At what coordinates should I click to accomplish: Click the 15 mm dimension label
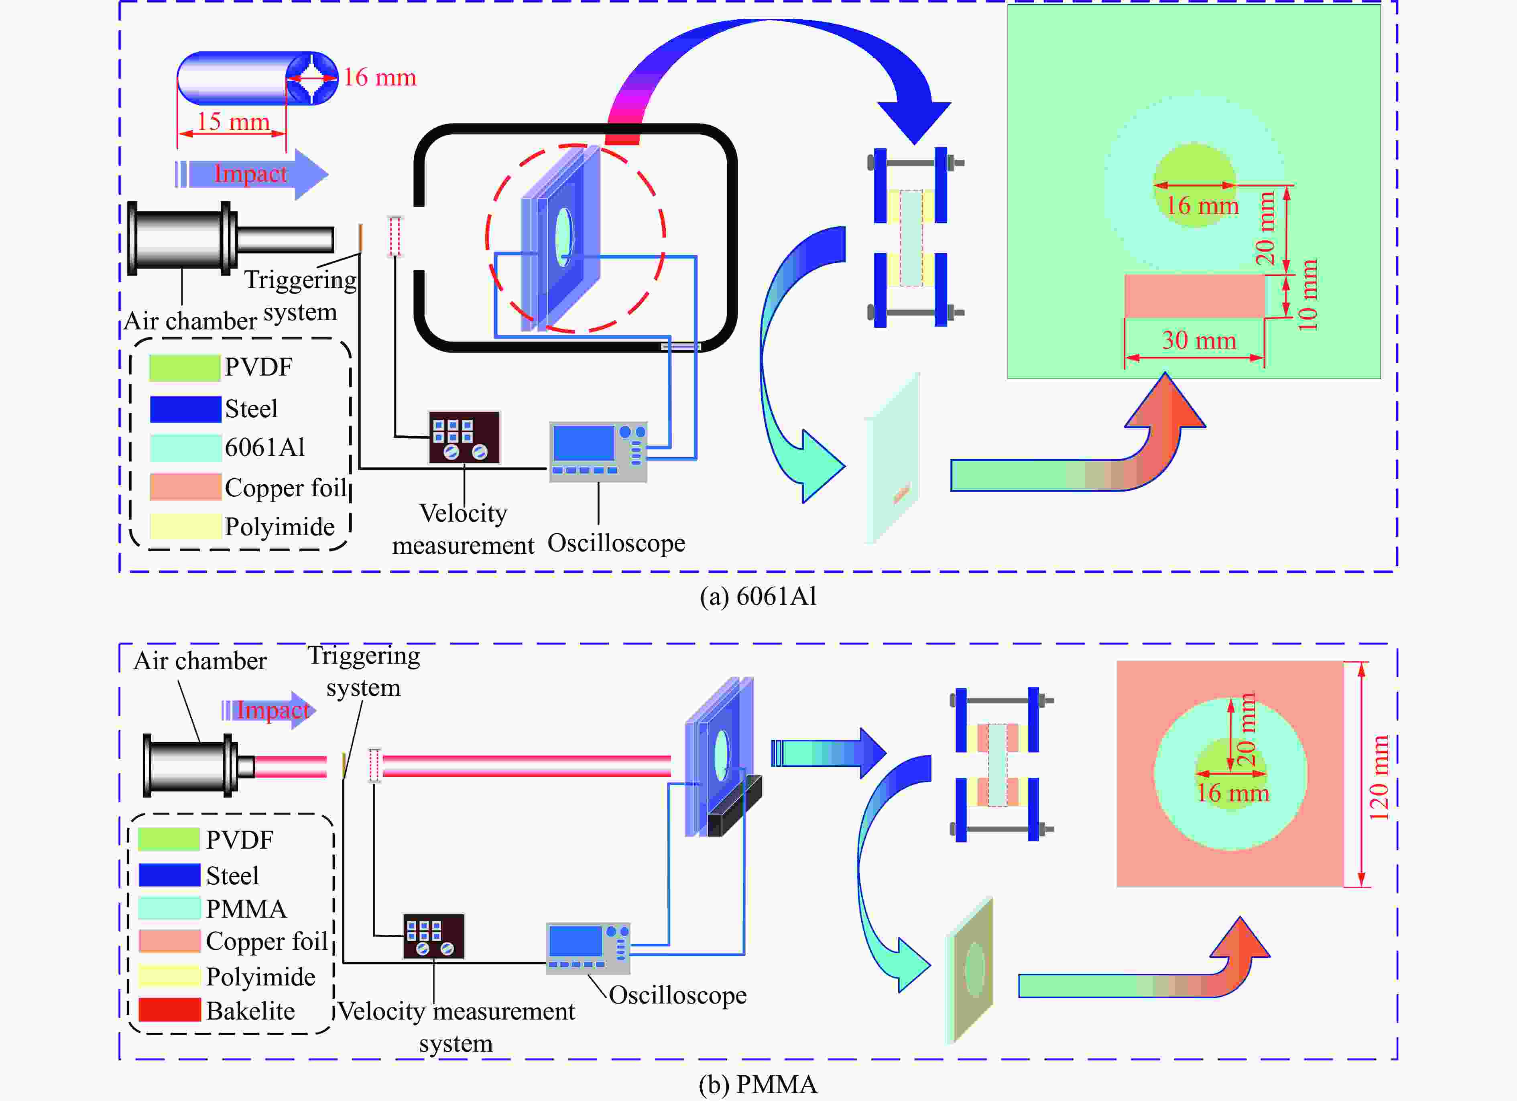tap(233, 121)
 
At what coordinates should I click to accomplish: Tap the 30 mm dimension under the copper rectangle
tap(1199, 341)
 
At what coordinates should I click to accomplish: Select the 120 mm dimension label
tap(1379, 777)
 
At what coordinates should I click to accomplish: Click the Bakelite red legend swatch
tap(170, 1010)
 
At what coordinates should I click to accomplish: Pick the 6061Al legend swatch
tap(185, 447)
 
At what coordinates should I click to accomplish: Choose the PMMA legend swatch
tap(170, 908)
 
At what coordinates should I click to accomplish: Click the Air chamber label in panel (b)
tap(200, 661)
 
